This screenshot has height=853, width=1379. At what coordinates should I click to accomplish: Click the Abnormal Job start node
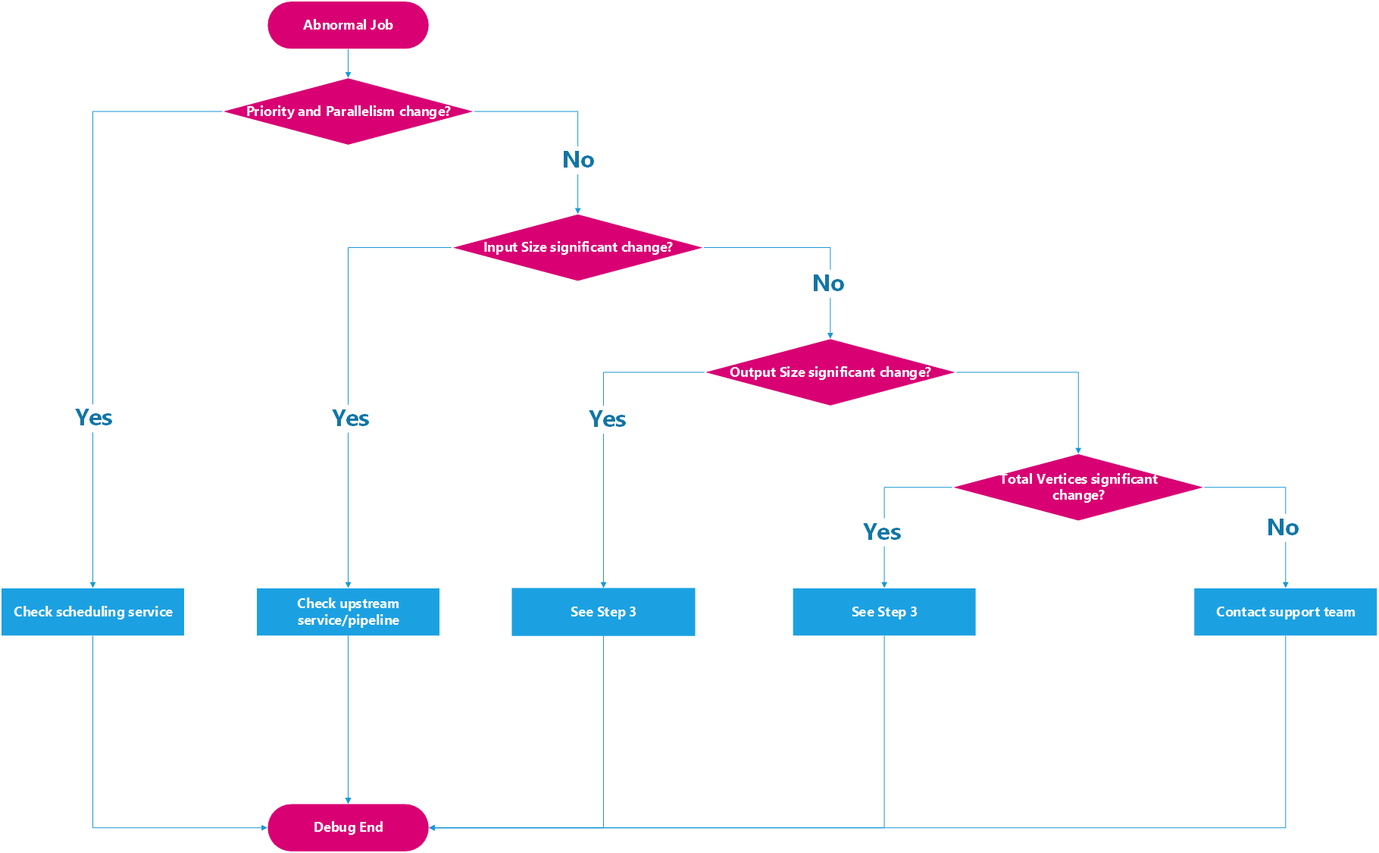tap(348, 25)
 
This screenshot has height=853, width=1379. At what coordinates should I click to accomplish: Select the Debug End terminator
tap(348, 827)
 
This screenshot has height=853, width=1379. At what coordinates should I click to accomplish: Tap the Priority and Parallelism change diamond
tap(348, 111)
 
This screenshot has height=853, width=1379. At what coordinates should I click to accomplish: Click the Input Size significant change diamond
tap(577, 247)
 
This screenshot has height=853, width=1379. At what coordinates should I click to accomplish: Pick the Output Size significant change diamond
tap(830, 372)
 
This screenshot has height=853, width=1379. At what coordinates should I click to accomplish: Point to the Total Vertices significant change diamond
tap(1077, 487)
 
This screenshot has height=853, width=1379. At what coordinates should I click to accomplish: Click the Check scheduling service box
tap(92, 612)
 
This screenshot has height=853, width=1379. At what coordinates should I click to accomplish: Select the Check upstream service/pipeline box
tap(348, 612)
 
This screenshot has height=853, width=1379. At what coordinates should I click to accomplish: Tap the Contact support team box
tap(1285, 612)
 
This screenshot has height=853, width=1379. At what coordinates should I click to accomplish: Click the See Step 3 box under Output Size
tap(603, 612)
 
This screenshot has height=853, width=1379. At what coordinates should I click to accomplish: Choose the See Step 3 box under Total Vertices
tap(883, 612)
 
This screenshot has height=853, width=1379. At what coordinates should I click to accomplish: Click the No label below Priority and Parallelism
tap(577, 160)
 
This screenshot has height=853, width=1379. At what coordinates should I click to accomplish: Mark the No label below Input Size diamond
tap(827, 284)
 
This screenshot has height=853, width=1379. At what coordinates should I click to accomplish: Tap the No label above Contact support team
tap(1282, 528)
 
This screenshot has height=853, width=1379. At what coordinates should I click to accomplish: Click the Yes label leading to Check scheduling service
tap(93, 418)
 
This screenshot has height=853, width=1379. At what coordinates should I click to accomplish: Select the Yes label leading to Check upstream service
tap(350, 419)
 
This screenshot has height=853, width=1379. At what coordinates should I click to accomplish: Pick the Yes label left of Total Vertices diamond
tap(881, 532)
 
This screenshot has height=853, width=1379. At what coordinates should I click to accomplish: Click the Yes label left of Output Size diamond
tap(607, 419)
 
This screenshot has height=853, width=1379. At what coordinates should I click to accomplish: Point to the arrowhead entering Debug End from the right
tap(433, 827)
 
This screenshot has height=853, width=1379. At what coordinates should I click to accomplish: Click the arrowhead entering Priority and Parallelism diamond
tap(348, 75)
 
